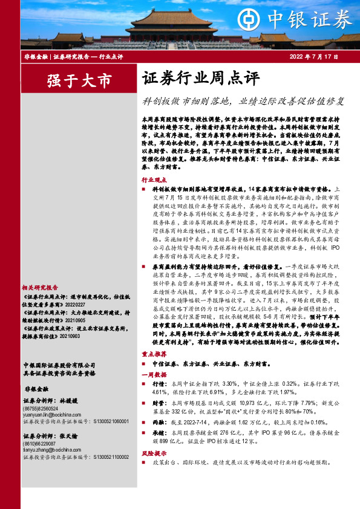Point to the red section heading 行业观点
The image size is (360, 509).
154,180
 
